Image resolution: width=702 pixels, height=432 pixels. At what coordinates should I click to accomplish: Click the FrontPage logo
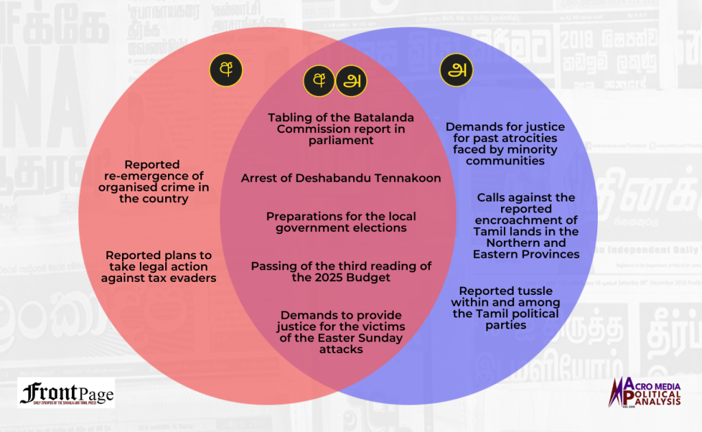pos(66,394)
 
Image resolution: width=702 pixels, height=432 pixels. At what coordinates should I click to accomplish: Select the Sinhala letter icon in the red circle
pos(226,70)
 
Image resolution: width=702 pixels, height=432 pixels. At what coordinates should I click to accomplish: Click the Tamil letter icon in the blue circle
pos(456,70)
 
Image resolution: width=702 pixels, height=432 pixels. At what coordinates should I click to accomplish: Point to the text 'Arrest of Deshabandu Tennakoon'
pos(341,178)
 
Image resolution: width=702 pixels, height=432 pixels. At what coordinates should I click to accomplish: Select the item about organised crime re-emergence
pos(153,182)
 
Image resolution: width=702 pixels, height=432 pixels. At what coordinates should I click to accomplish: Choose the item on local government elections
pos(341,222)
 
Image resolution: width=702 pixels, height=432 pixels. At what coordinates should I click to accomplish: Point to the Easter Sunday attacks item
pos(341,331)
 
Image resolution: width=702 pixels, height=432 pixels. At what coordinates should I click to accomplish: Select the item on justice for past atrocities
pos(505,144)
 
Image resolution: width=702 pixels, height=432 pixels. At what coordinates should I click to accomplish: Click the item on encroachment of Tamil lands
pos(526,226)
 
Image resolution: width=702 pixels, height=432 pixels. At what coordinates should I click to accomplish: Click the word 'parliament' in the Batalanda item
pos(341,141)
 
